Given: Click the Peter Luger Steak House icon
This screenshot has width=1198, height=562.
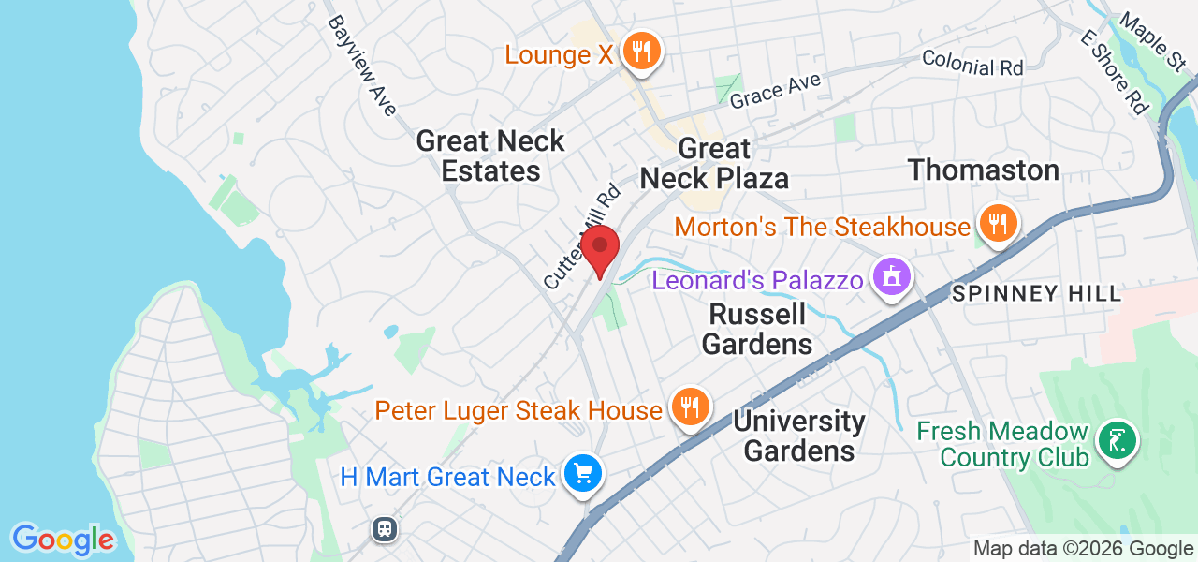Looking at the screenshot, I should (x=691, y=407).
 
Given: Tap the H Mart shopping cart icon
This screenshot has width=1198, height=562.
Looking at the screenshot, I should (x=584, y=474).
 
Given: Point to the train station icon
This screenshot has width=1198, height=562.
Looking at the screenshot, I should (x=385, y=529).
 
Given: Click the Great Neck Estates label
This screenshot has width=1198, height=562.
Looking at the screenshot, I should (x=490, y=156).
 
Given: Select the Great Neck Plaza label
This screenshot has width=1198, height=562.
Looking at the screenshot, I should (x=715, y=163).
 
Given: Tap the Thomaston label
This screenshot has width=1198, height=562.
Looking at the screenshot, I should (x=984, y=170).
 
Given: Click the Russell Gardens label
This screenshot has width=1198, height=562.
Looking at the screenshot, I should (x=756, y=328).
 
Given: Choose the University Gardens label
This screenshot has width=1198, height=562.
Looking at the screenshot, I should (x=799, y=436).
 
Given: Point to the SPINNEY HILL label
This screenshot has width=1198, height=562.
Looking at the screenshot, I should (x=1036, y=294).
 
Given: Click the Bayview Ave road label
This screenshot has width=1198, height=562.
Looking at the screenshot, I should (x=361, y=66).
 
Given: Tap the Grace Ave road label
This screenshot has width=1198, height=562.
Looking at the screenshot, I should (x=775, y=90).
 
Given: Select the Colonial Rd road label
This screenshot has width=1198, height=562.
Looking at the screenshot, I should (x=972, y=63).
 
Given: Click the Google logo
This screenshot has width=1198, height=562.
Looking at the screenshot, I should (x=63, y=540).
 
